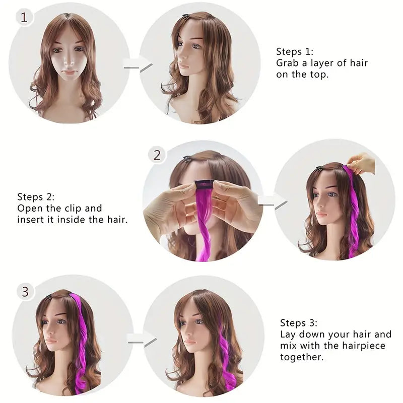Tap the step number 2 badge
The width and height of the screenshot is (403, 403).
(x=157, y=155)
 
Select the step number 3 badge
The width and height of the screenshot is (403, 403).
(x=25, y=291)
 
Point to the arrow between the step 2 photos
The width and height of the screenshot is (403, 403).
(x=273, y=201)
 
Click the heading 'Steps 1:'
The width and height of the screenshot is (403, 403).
(x=295, y=51)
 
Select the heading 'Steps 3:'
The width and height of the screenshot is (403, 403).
(x=299, y=323)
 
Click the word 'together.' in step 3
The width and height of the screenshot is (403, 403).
(x=302, y=357)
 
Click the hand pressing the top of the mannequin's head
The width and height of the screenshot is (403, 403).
(x=361, y=163)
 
